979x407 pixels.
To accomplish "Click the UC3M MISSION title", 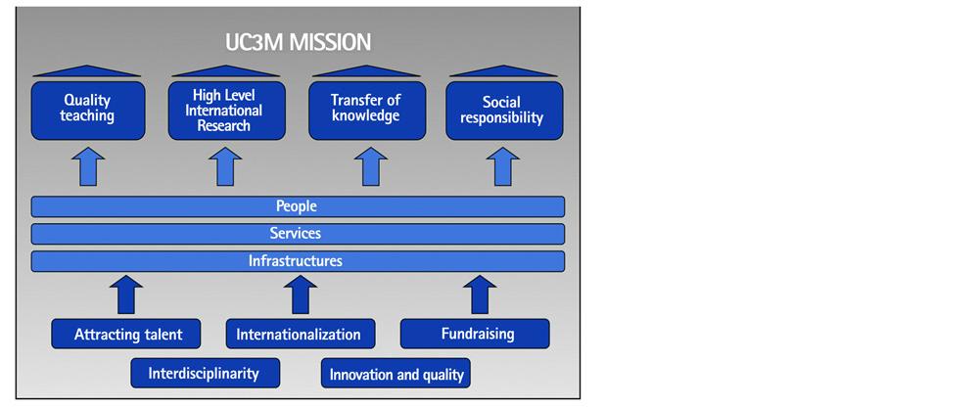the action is point(298,42).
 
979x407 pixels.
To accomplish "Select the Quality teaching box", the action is point(88,111).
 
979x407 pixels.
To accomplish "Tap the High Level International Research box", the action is point(227,111).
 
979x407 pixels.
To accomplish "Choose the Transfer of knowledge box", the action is point(367,111).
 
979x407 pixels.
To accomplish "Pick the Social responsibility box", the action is point(504,111).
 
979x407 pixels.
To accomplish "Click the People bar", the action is point(298,206).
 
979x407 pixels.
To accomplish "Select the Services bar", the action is point(298,234).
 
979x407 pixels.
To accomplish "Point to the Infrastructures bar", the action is point(298,261).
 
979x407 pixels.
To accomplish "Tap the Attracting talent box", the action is point(126,334).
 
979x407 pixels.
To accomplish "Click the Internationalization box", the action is point(301,334).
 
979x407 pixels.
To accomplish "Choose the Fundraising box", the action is point(475,334).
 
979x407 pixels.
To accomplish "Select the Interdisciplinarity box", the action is point(206,374).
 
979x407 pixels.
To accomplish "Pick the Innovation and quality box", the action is point(396,374).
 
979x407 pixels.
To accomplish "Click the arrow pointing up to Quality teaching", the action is point(88,166).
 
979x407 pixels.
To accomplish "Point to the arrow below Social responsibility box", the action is point(503,166).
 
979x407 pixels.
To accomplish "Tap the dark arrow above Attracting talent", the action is point(126,294).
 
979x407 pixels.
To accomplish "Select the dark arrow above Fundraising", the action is point(480,294).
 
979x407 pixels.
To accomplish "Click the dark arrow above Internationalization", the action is point(301,294).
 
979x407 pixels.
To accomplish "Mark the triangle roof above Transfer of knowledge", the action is point(366,71).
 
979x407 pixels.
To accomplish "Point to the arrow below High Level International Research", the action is point(225,166).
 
